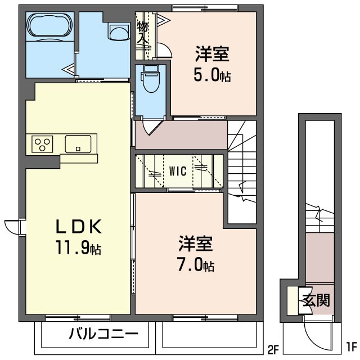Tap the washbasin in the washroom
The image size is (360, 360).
tap(119, 32)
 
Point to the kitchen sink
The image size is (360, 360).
tap(78, 144)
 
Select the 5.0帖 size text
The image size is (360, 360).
tap(213, 75)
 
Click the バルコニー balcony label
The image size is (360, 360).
tap(103, 335)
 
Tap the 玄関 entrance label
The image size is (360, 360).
tap(317, 300)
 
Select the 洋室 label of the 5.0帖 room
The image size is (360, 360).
tap(213, 55)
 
